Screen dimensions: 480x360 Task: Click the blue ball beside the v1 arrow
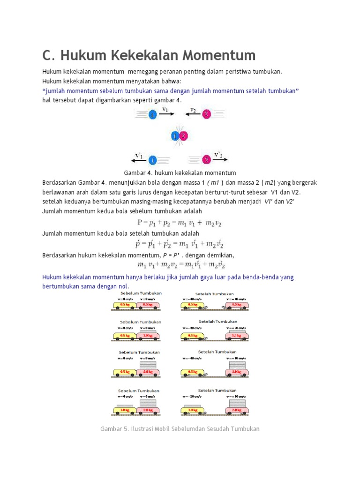click(152, 114)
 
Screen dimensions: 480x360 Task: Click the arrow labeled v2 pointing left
click(192, 114)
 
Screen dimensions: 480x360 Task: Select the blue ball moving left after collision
click(152, 160)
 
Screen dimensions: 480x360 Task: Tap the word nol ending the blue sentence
click(121, 286)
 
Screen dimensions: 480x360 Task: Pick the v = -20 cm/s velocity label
click(192, 396)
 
